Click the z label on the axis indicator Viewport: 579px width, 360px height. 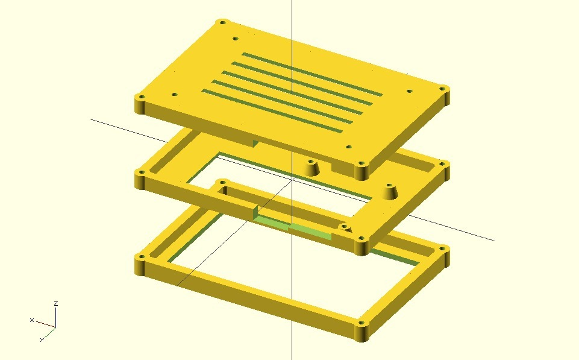coord(56,303)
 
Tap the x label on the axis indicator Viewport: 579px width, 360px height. coord(32,320)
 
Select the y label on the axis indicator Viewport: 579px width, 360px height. coord(42,339)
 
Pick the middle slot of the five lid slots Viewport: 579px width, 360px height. coord(292,92)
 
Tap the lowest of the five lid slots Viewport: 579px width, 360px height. coord(272,111)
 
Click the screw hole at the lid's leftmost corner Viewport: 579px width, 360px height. coord(142,98)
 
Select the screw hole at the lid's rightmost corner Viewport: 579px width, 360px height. coord(443,89)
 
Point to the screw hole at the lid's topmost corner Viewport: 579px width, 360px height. coord(223,22)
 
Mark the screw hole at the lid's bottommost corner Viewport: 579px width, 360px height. coord(361,163)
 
